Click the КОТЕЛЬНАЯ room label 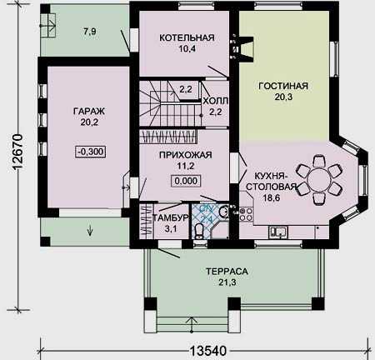187,37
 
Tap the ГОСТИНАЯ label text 283,86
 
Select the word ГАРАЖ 89,111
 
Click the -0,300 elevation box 90,152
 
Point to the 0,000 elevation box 186,181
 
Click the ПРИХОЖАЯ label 186,155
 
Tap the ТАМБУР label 171,217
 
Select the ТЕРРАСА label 227,272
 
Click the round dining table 318,180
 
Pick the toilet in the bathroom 198,232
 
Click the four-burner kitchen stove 246,214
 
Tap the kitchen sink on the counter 278,232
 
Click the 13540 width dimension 208,351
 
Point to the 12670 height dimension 17,152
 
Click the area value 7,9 90,32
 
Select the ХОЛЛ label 216,101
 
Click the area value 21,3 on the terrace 227,282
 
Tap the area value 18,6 271,197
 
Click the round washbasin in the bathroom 222,212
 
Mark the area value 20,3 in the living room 283,97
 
